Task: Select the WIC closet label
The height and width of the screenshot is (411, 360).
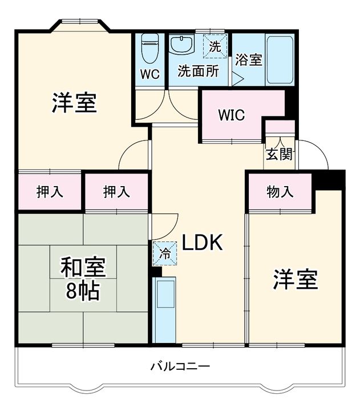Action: tap(231, 114)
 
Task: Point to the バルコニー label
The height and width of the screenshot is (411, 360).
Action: tap(180, 366)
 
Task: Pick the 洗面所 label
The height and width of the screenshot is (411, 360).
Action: tap(197, 72)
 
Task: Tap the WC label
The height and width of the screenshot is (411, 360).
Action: tap(150, 74)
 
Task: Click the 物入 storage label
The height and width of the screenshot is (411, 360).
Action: tap(280, 192)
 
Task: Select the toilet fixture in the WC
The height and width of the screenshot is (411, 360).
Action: tap(150, 49)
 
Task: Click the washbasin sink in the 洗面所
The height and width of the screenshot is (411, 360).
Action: tap(183, 45)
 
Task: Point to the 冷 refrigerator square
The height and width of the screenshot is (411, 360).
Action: tap(164, 253)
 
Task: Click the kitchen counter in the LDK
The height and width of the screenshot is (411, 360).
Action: tap(165, 308)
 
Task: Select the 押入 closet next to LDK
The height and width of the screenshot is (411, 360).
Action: tap(116, 192)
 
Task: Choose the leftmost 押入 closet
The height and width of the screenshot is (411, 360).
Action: tap(50, 192)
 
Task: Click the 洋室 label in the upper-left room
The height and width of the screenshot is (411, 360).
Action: tap(74, 103)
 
